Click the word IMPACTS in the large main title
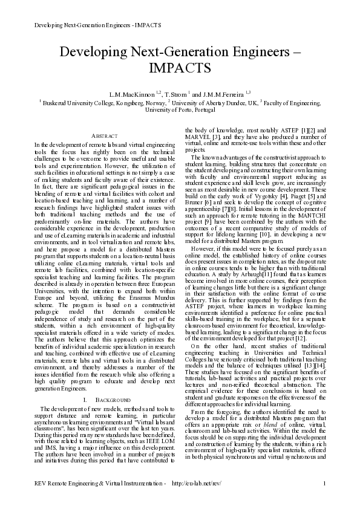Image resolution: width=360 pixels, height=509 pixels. pos(180,66)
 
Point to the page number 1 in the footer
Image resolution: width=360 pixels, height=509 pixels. pos(325,500)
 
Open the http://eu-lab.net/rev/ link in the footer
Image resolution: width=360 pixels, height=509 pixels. pos(197,500)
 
